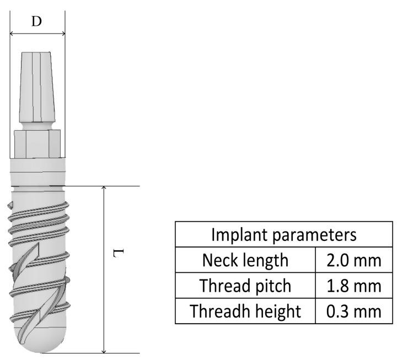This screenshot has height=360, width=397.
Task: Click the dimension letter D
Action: coord(37,22)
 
